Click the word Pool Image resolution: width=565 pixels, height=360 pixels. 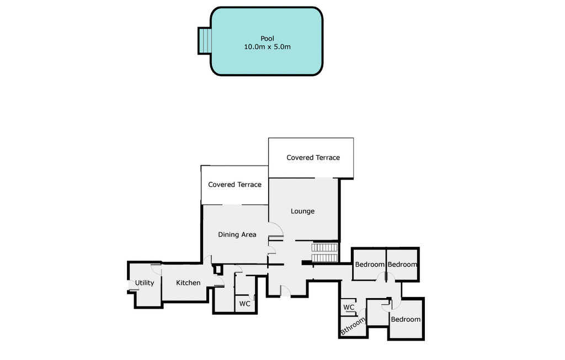tap(268, 38)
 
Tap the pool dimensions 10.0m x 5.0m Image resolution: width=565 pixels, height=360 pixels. tap(268, 46)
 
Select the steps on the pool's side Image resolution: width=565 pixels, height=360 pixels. tap(204, 41)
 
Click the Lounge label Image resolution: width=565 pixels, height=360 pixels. tap(303, 211)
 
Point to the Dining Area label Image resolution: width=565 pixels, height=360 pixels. tap(237, 235)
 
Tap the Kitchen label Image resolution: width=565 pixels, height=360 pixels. tap(188, 283)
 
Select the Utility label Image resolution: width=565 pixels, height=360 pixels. tap(145, 283)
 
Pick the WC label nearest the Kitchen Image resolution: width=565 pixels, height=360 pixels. tap(244, 304)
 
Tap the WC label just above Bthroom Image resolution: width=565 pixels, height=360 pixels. tap(349, 308)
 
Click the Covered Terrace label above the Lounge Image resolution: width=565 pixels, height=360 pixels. tap(313, 157)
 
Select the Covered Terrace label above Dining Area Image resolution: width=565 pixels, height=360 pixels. tap(234, 184)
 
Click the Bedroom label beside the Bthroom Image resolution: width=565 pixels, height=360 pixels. tap(406, 319)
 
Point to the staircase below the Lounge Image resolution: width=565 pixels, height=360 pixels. tap(324, 252)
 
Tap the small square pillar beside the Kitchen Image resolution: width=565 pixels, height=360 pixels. tap(217, 269)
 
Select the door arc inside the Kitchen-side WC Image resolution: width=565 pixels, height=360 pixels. tap(252, 297)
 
